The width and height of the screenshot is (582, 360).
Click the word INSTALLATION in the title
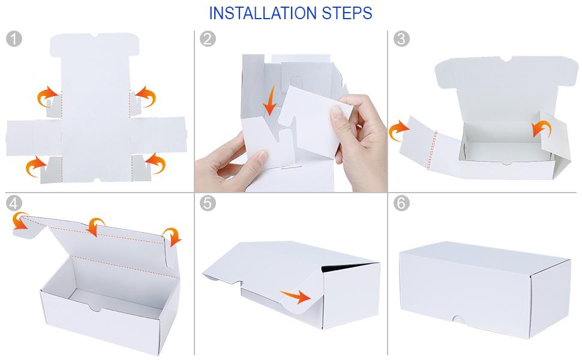pos(263,13)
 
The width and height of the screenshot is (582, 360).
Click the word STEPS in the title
pos(347,13)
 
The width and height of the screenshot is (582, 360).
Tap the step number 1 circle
pos(14,38)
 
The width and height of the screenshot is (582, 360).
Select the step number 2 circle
pos(208,38)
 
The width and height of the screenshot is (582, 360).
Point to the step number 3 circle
pos(401,38)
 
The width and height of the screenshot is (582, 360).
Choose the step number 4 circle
pos(14,203)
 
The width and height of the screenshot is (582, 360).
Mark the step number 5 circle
pos(208,203)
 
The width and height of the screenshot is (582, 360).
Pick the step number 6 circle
pos(401,203)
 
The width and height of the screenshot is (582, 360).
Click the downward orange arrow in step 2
pos(270,101)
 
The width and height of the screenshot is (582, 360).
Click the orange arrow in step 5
pos(296,296)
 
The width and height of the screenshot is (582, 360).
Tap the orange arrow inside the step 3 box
pos(542,128)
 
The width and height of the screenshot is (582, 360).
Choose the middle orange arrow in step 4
pos(96,226)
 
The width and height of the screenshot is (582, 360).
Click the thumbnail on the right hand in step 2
pos(336,113)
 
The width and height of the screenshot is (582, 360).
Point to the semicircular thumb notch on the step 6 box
pos(459,320)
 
